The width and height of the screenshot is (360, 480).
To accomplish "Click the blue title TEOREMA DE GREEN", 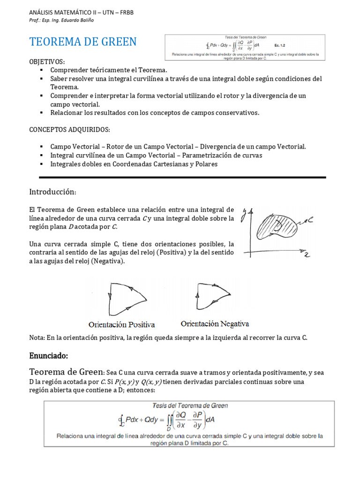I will (x=83, y=42).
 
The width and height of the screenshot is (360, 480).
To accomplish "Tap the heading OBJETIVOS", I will (x=47, y=62).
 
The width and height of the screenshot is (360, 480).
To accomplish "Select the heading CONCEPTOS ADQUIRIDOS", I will (x=70, y=129).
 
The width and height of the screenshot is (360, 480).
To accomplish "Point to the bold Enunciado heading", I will (x=49, y=357).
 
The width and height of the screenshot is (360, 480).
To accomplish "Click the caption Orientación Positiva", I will (x=122, y=324).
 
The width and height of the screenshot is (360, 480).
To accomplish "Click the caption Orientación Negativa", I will (x=215, y=324).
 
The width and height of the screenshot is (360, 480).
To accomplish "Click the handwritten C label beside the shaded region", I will (x=310, y=219).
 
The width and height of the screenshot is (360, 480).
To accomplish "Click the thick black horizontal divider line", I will (x=182, y=177).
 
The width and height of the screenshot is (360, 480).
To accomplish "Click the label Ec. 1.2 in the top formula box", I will (x=280, y=45).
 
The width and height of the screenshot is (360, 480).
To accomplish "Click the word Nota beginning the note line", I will (x=37, y=337).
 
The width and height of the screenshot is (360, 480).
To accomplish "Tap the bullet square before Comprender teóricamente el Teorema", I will (x=41, y=70).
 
